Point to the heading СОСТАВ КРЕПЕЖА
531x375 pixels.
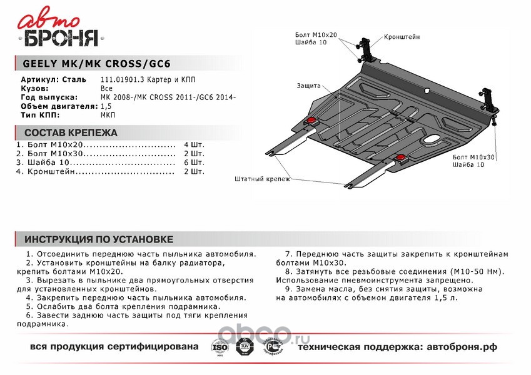[x=70, y=133]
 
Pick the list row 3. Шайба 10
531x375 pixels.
[x=94, y=162]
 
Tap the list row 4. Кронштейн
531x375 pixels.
[x=94, y=171]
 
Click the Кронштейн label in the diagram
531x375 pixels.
[x=402, y=37]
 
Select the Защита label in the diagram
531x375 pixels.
[x=309, y=86]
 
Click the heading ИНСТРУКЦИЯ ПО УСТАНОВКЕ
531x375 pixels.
[x=98, y=239]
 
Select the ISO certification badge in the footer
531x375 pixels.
[x=220, y=346]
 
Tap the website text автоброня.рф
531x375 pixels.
[x=467, y=346]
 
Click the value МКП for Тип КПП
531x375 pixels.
[x=108, y=116]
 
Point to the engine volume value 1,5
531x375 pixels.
[x=104, y=107]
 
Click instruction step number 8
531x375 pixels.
[x=288, y=272]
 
